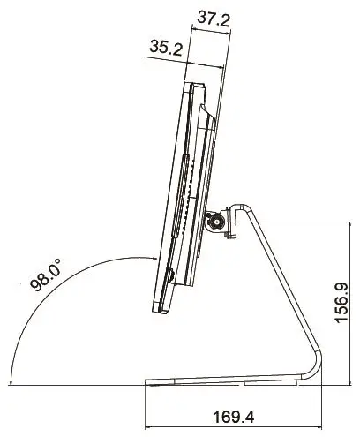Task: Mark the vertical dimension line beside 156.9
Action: coord(328,300)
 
